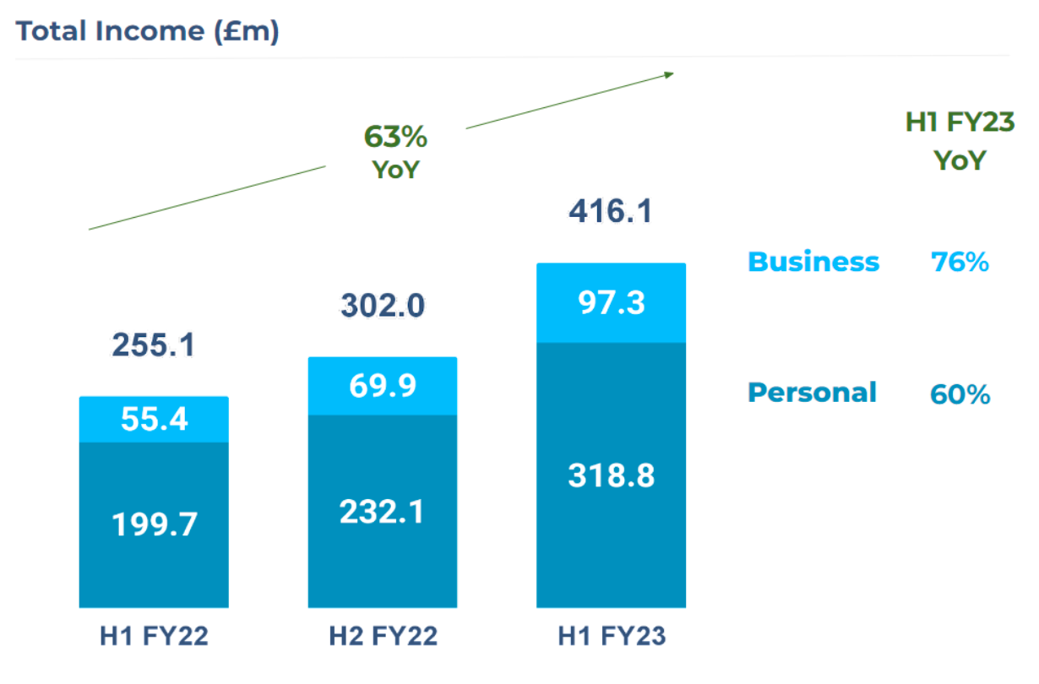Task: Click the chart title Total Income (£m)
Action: (x=148, y=31)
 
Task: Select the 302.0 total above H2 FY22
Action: (x=383, y=305)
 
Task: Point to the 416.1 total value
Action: (x=610, y=211)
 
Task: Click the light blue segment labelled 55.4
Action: (x=154, y=419)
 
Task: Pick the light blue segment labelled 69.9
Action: (x=383, y=386)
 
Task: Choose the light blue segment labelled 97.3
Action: (x=611, y=302)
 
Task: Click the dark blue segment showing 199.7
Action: (x=154, y=524)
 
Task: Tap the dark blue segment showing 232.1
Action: (x=383, y=512)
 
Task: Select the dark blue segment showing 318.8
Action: (x=611, y=475)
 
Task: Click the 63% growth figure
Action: (x=395, y=136)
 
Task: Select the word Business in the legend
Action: (x=813, y=262)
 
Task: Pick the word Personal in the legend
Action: (x=813, y=393)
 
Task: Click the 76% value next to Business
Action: (x=960, y=263)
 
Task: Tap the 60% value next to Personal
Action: (x=960, y=394)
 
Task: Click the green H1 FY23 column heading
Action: (x=960, y=122)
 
